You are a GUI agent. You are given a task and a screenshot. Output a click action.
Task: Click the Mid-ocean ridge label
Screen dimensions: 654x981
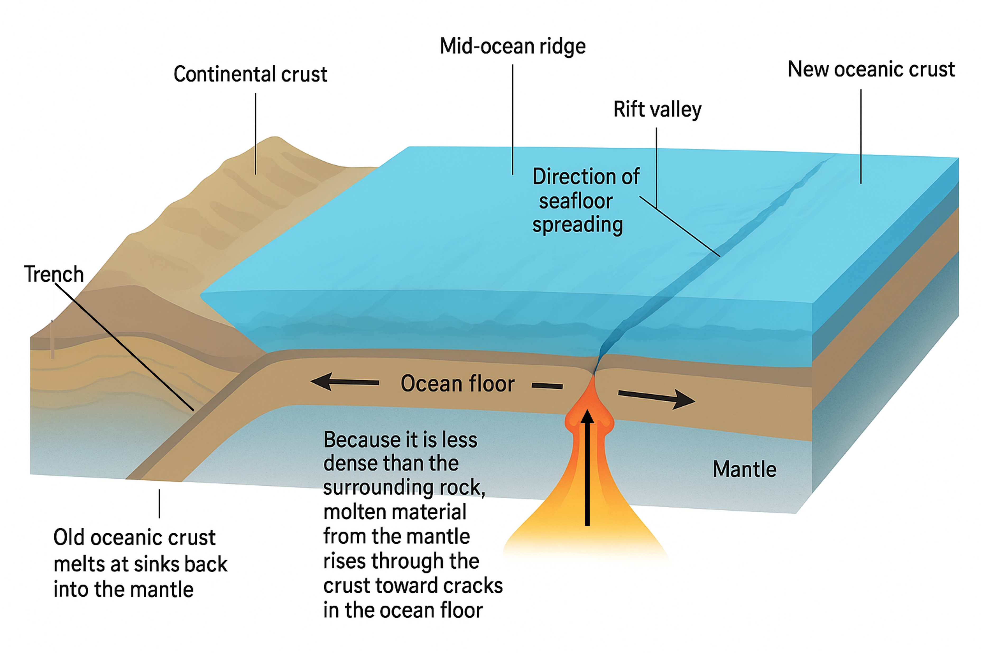click(x=513, y=46)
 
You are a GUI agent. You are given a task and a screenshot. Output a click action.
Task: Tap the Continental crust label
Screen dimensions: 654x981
click(x=250, y=74)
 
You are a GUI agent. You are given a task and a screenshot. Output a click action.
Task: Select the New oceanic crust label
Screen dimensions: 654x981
click(x=871, y=69)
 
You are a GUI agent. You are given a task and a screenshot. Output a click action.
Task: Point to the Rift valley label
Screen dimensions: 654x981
click(x=657, y=109)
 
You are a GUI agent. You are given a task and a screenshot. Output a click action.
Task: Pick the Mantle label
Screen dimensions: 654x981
click(x=744, y=469)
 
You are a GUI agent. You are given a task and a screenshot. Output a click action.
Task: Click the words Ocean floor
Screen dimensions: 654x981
click(x=457, y=384)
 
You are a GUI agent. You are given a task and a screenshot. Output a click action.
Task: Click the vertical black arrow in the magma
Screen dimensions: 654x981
click(x=587, y=467)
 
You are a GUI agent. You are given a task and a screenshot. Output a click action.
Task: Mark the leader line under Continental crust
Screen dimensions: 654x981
click(x=256, y=133)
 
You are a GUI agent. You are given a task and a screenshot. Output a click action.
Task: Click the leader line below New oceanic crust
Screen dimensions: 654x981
click(x=861, y=136)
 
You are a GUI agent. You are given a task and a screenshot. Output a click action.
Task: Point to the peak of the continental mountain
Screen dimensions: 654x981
click(x=274, y=138)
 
